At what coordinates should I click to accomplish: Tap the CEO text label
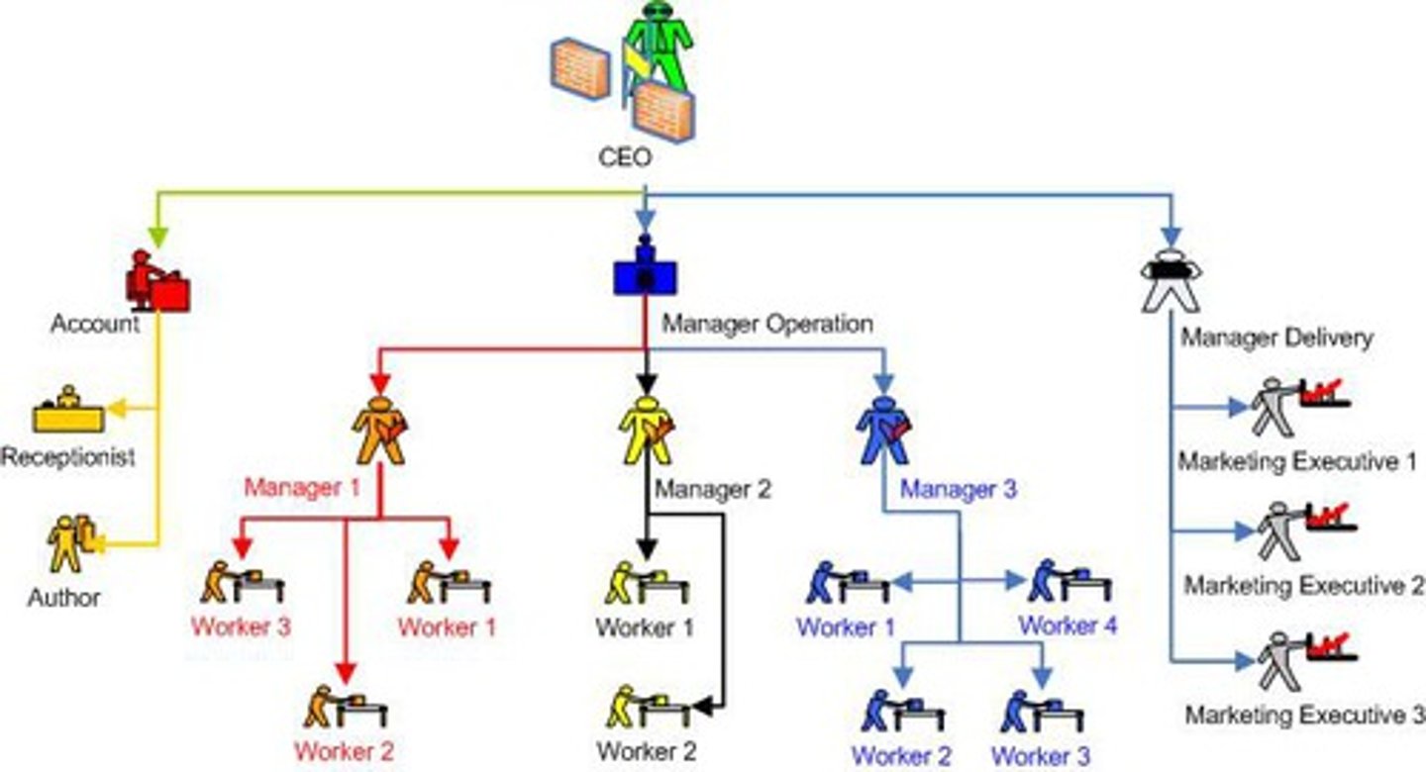point(625,157)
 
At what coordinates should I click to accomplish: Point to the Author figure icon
point(70,542)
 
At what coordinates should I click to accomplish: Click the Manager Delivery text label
point(1276,338)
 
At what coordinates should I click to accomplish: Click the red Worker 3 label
point(241,627)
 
